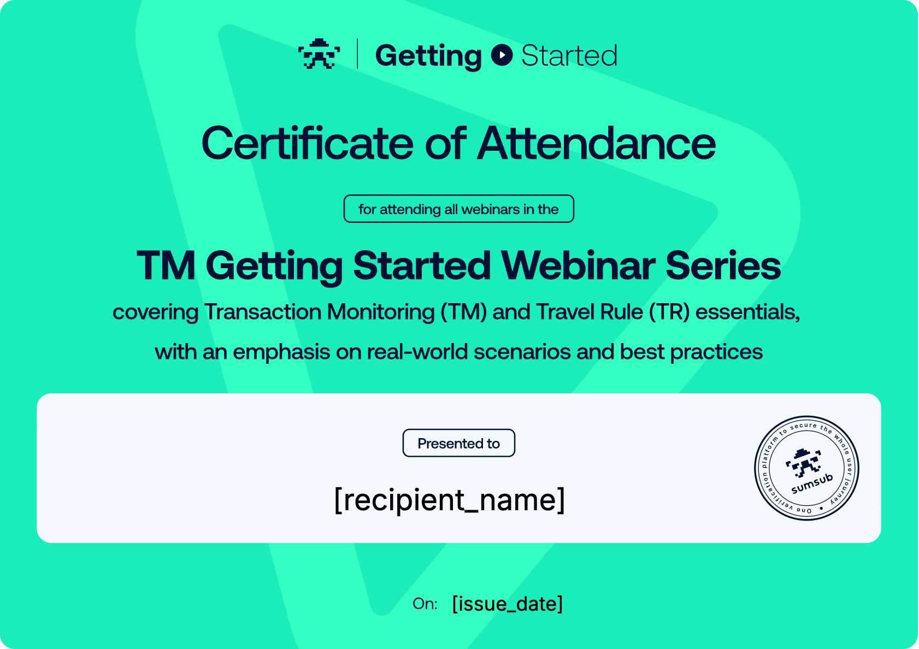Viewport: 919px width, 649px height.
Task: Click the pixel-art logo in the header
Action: [319, 54]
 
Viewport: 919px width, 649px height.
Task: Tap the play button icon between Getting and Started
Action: [502, 55]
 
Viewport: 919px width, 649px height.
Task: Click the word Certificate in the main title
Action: [307, 143]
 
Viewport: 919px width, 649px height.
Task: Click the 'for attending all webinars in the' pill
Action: [458, 209]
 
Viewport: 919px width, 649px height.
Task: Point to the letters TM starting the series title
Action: [166, 266]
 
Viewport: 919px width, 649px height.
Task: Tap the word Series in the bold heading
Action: [723, 266]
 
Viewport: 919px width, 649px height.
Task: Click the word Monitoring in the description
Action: [381, 312]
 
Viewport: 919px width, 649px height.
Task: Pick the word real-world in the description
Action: [417, 352]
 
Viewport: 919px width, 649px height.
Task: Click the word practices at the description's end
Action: [716, 352]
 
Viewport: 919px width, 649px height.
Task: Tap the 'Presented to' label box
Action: [458, 443]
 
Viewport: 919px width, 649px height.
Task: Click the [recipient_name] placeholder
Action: [450, 500]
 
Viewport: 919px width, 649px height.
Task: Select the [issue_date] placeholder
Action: [508, 604]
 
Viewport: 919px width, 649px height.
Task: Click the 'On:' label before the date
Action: [425, 604]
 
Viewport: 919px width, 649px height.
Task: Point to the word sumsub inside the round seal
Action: [812, 483]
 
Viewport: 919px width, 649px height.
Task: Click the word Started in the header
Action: [569, 55]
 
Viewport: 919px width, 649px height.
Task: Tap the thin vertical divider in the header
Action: [357, 54]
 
